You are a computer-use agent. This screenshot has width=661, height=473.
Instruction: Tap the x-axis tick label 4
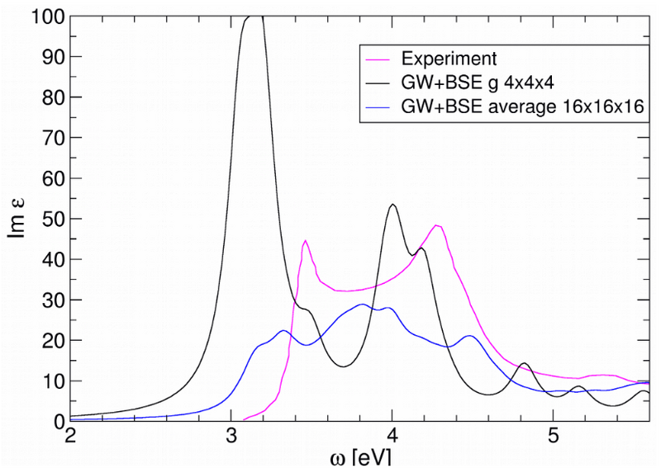(x=393, y=435)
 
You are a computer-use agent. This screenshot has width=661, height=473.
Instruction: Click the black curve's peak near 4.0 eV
(x=393, y=205)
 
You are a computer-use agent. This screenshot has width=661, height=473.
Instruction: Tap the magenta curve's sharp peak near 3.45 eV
(x=305, y=241)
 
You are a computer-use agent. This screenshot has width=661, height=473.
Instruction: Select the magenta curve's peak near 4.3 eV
(x=437, y=225)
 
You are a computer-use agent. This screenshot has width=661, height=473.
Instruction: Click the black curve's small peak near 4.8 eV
(x=524, y=363)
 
